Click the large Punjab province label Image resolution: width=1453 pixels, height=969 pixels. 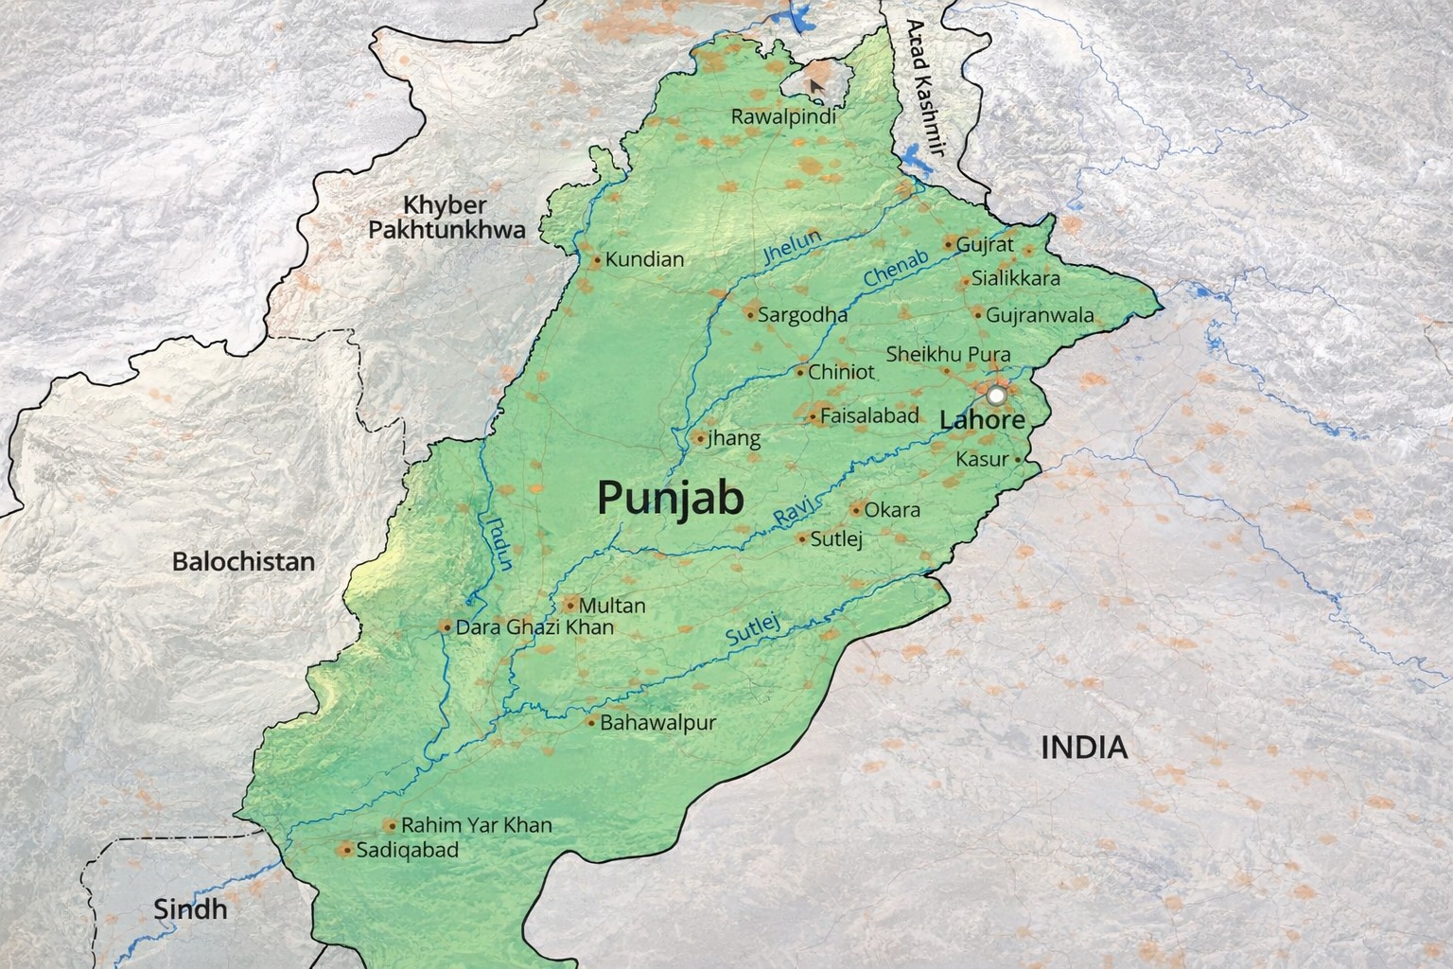pos(670,498)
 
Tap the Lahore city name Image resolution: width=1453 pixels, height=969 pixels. pos(982,419)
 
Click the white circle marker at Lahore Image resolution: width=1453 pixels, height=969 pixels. pos(997,394)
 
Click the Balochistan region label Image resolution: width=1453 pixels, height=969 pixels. pos(243,561)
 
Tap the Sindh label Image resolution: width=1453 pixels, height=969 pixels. pos(190,909)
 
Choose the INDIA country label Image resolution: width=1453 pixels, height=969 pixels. pos(1084,748)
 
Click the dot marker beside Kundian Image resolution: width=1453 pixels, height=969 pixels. pos(597,259)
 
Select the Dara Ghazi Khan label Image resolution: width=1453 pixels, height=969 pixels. pos(534,626)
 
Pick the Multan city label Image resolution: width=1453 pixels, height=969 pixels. pos(612,606)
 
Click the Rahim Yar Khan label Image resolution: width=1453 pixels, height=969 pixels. pos(476,825)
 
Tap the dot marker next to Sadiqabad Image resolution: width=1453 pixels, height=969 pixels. pos(346,850)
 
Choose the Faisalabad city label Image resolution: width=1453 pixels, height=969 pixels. pos(869,415)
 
